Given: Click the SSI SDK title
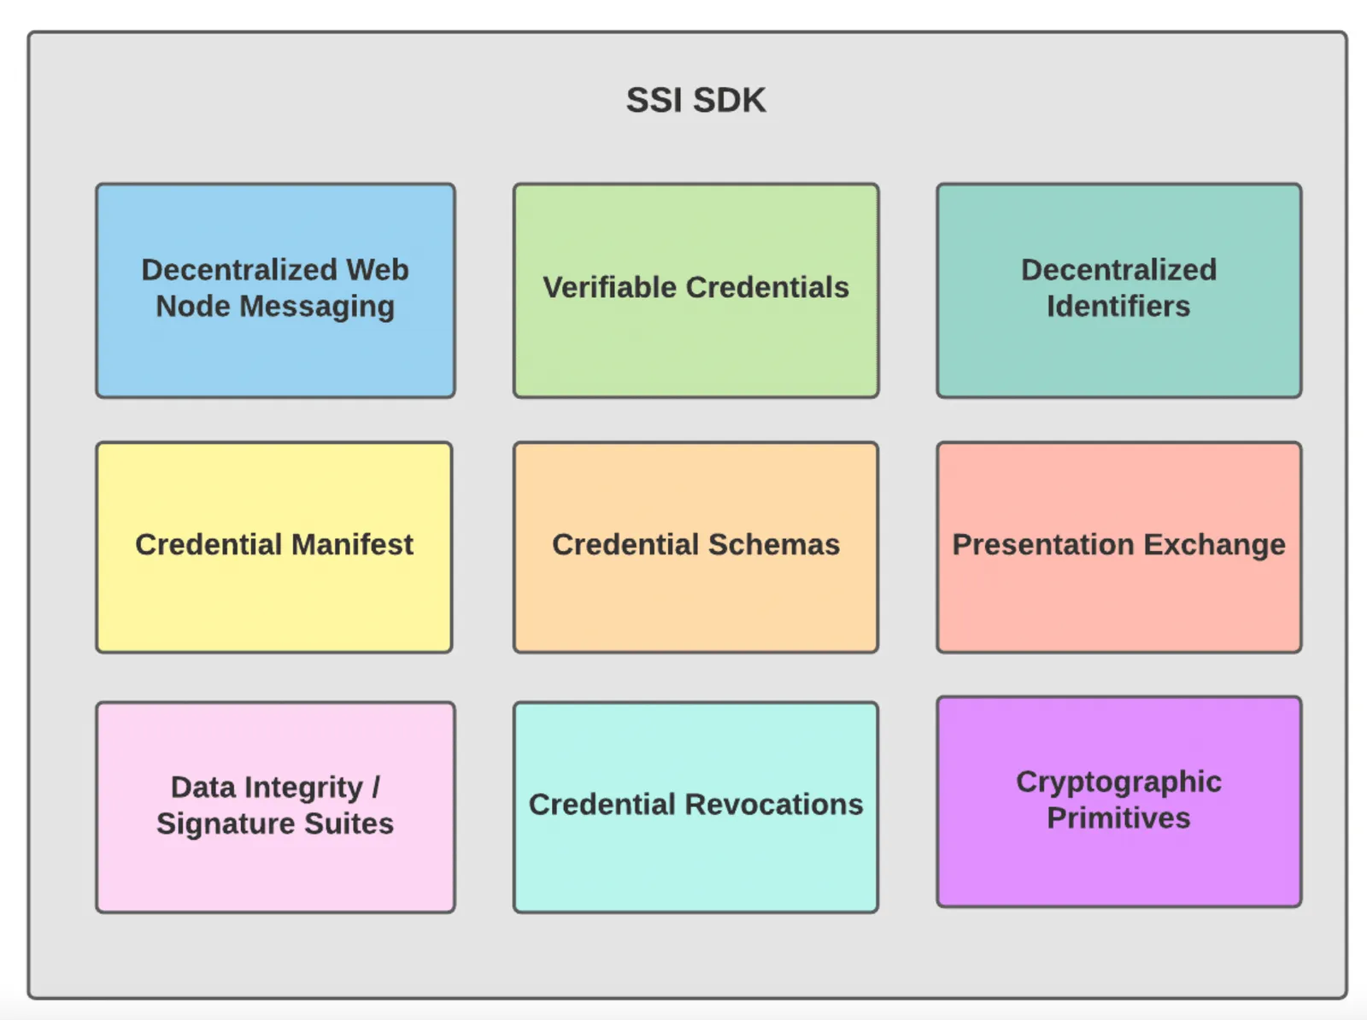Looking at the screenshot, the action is [695, 100].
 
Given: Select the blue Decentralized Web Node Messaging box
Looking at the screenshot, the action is [275, 290].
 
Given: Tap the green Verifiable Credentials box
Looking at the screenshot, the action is [695, 290].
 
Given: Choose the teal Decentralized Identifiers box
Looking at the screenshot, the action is [1118, 290].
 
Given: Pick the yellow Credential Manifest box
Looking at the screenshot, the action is [274, 548].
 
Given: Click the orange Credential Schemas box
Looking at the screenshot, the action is [695, 548].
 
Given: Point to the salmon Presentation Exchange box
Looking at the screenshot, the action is [1118, 548].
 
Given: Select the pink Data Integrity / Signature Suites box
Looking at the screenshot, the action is [275, 807].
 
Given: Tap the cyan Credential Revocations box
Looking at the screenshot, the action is [695, 807].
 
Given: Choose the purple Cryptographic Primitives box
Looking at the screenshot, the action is [1118, 801].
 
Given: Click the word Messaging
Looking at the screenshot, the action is [317, 308].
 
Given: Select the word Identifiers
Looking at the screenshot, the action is [1118, 307].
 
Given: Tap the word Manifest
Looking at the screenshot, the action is [352, 544].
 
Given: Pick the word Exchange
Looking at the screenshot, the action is [1214, 545].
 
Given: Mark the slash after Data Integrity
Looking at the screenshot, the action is [376, 787].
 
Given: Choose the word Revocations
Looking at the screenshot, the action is [774, 804].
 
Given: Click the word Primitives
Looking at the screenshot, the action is [1118, 818].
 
